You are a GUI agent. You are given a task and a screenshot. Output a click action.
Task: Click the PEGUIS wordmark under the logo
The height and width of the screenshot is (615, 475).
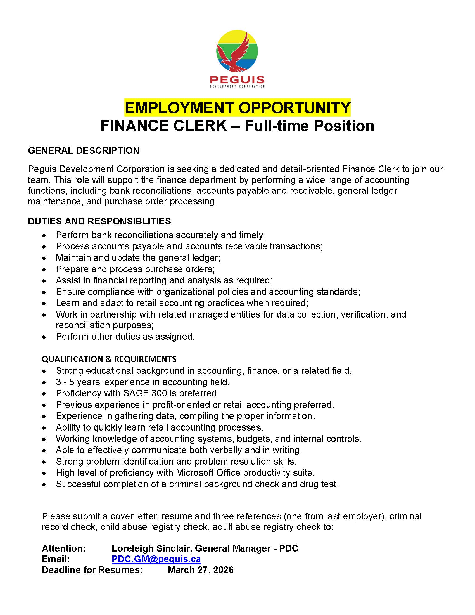coord(237,80)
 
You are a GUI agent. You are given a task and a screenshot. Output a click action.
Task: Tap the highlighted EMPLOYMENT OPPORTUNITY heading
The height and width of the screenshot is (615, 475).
coord(237,108)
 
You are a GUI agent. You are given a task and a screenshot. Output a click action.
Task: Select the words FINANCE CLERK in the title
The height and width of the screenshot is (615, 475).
coord(163,126)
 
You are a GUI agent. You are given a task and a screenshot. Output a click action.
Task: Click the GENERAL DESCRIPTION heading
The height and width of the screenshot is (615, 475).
coord(84,151)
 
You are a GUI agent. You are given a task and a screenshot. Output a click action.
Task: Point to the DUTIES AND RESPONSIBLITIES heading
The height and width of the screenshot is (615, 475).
coord(99,221)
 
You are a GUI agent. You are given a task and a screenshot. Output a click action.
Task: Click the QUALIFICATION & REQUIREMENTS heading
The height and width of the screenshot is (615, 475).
coord(109,359)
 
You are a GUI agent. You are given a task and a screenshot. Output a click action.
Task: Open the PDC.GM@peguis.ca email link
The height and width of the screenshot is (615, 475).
coord(156,559)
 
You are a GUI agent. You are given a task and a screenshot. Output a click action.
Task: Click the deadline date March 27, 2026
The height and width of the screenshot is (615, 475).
coord(201,570)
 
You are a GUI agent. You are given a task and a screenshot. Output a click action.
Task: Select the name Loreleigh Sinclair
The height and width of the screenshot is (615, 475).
coord(151,548)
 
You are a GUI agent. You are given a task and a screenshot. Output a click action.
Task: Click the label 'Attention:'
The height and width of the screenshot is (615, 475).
coord(64,548)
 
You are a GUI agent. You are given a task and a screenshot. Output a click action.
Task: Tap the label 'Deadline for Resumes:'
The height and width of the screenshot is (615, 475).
coord(92,570)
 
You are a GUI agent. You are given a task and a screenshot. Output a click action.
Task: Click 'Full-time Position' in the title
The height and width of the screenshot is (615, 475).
coord(309,126)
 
